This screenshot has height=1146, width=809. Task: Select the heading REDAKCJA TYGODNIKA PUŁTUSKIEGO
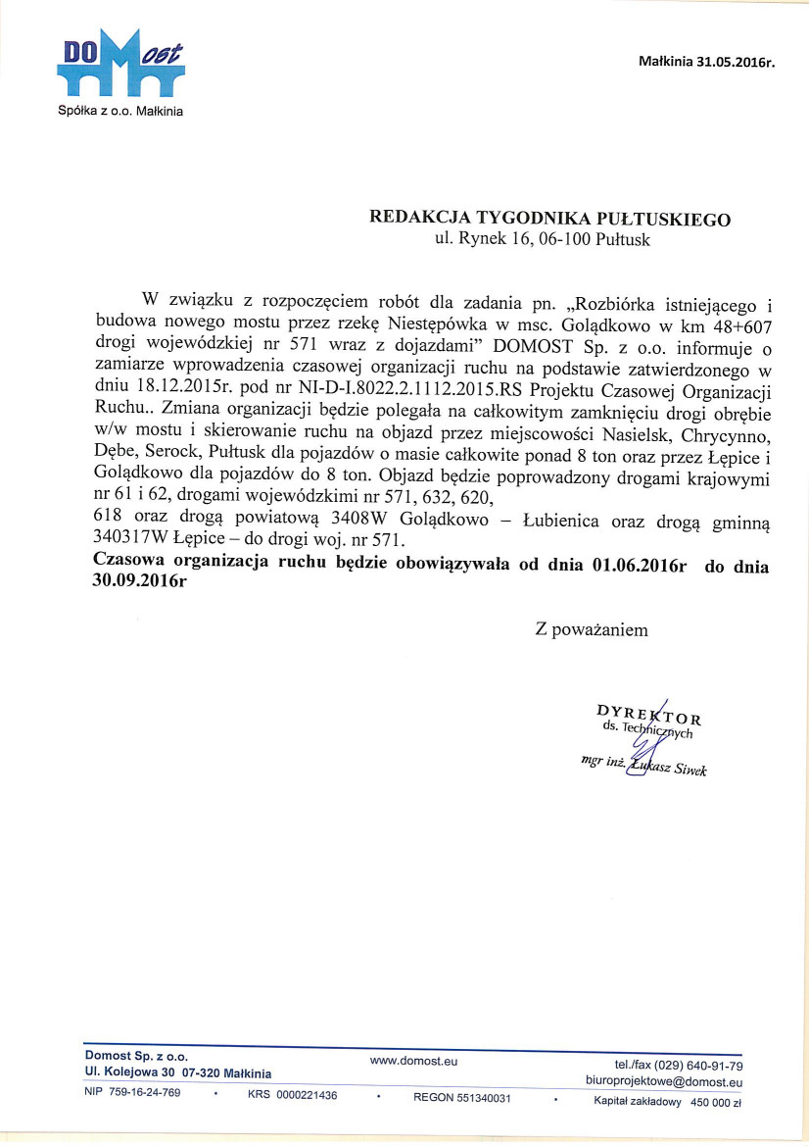pyautogui.click(x=548, y=219)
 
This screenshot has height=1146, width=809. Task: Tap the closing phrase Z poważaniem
pyautogui.click(x=591, y=629)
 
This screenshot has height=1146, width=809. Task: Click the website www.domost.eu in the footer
pyautogui.click(x=413, y=1060)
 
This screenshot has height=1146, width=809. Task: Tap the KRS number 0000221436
pyautogui.click(x=308, y=1095)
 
